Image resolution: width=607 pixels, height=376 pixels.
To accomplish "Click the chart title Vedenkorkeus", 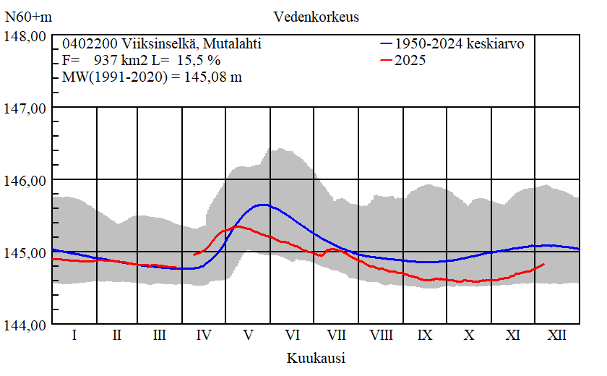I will (x=316, y=16).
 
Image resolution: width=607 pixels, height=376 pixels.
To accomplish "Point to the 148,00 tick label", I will (x=25, y=36).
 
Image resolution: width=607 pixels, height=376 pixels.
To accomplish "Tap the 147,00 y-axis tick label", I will (x=25, y=108).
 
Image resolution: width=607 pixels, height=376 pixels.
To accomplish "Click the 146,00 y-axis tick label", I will (x=25, y=180).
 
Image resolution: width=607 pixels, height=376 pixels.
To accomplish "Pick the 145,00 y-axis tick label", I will (x=25, y=252).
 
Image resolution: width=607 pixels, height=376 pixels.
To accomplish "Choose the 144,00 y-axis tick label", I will (x=25, y=325).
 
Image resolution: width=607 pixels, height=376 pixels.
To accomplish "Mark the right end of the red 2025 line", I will (x=543, y=264).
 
